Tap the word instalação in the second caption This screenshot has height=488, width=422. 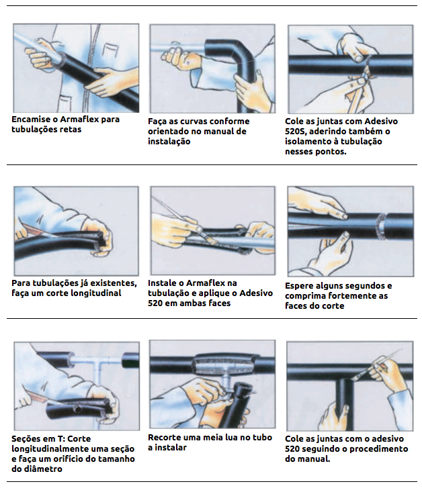169,142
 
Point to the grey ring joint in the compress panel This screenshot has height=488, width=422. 381,226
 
